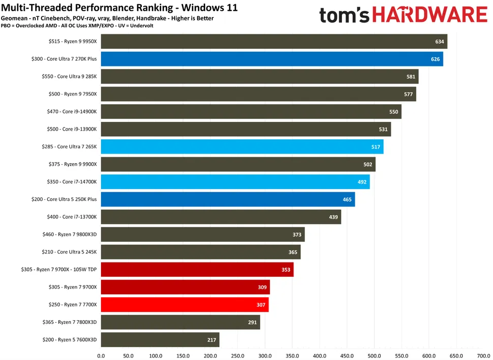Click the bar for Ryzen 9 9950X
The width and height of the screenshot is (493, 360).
pos(274,41)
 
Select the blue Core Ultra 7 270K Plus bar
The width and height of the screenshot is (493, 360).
pos(272,59)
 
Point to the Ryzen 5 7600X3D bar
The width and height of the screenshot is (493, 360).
pos(160,340)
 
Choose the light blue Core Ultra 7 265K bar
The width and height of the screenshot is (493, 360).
pos(242,147)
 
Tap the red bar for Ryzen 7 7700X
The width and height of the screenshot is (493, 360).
pos(185,304)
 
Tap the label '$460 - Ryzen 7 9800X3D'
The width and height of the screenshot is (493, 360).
pos(70,235)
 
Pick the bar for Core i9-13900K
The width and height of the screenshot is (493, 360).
pos(245,129)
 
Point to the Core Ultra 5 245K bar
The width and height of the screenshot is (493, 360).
pos(201,252)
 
